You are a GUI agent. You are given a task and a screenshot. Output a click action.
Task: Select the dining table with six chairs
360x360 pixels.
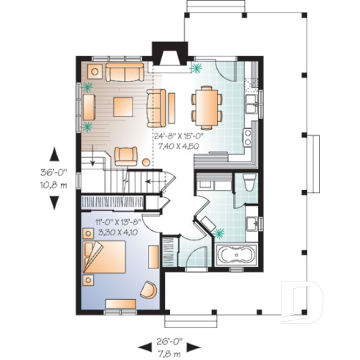pos(205,106)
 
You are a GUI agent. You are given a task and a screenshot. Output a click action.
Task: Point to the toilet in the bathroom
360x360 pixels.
pos(251,184)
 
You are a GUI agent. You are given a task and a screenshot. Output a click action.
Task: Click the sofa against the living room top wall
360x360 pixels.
pos(125,72)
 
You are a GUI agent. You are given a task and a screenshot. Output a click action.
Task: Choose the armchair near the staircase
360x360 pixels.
pos(125,155)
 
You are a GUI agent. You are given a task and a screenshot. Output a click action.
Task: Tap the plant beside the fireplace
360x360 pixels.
pos(196,70)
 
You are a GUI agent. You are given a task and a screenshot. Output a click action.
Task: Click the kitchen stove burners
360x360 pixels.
pos(248,136)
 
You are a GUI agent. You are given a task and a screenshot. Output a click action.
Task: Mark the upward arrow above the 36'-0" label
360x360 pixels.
pos(55,155)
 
